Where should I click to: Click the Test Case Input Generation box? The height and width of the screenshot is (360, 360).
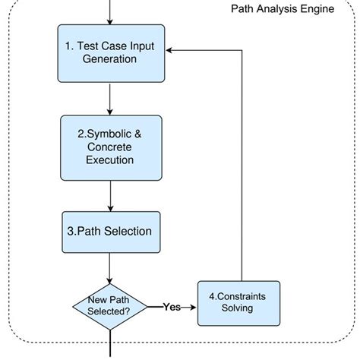(x=111, y=53)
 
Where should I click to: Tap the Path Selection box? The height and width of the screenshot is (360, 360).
(x=111, y=231)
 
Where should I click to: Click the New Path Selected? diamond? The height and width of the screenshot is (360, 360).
(x=111, y=306)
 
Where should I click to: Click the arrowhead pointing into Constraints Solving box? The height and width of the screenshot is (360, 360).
(x=193, y=307)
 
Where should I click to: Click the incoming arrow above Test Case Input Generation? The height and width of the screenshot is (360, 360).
(x=111, y=12)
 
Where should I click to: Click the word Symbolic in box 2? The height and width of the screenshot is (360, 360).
(x=112, y=132)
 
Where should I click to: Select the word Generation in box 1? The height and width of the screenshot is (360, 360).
(x=111, y=61)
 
